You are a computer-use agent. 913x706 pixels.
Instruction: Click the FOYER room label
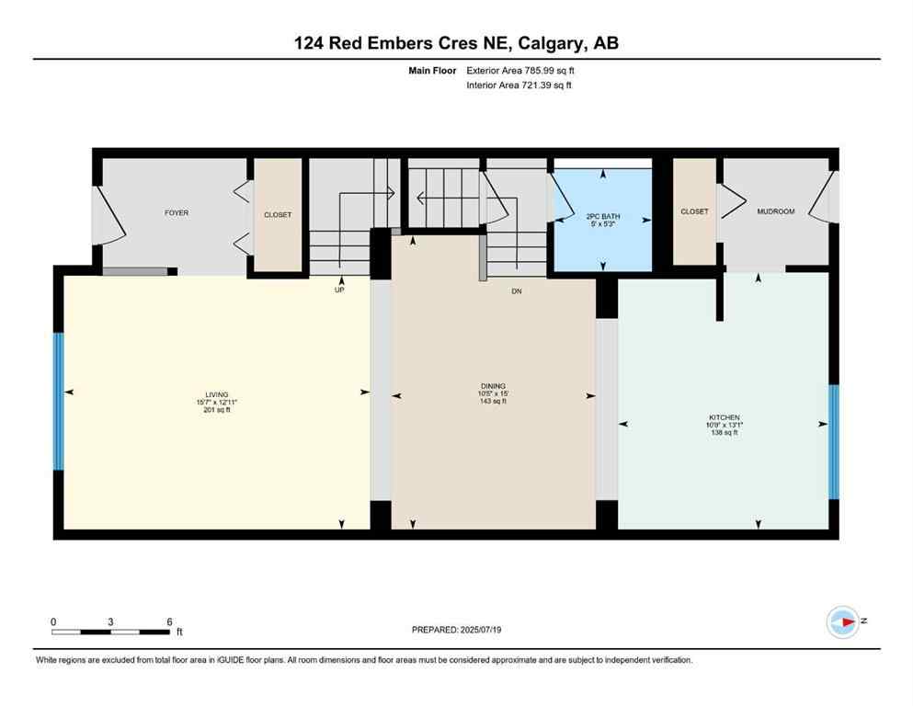tap(177, 213)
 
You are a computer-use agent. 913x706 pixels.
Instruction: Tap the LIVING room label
tap(216, 394)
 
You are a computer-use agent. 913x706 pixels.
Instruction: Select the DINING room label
tap(493, 386)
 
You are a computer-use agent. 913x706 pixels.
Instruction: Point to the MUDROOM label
tap(775, 211)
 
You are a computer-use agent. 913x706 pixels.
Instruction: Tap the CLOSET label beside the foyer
tap(278, 215)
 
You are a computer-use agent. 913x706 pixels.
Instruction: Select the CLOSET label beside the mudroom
tap(694, 211)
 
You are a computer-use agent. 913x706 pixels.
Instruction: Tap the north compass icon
tap(842, 622)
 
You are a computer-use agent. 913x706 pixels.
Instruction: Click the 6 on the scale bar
tap(169, 621)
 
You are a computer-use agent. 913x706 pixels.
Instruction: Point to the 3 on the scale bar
tap(110, 621)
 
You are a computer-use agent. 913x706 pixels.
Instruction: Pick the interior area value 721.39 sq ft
tap(544, 85)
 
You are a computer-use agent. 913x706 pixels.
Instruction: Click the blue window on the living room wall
tap(58, 402)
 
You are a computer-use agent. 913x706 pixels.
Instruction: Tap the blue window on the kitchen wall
tap(834, 441)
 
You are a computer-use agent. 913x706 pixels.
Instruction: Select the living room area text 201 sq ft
tap(216, 410)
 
